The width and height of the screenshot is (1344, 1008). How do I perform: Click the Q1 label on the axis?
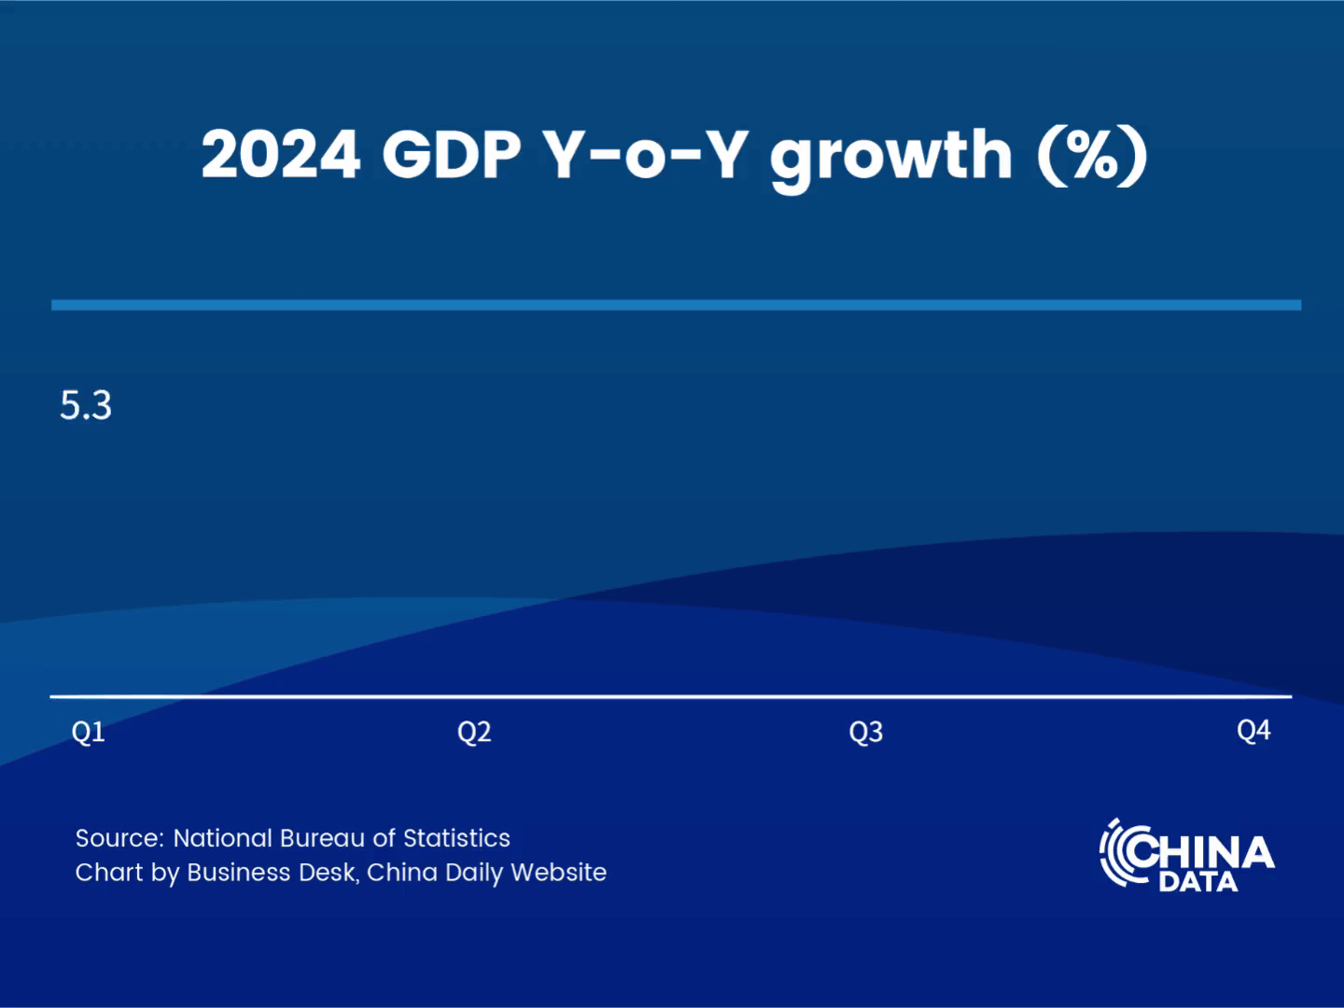tap(89, 732)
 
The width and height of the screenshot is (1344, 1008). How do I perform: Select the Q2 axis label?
tap(474, 732)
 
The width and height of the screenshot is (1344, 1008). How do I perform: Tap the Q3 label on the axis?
tap(866, 732)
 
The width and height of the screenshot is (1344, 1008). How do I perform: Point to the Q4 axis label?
tap(1253, 730)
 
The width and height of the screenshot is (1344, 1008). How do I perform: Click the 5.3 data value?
tap(86, 406)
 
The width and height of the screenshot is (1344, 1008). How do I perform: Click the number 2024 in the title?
tap(281, 154)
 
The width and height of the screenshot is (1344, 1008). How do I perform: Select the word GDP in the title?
tap(452, 154)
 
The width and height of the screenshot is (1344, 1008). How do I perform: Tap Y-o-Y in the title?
tap(646, 154)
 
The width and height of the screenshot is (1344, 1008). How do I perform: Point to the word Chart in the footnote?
tap(103, 873)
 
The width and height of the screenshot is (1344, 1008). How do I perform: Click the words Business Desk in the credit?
tap(272, 873)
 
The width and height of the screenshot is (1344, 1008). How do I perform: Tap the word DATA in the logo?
tap(1198, 882)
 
